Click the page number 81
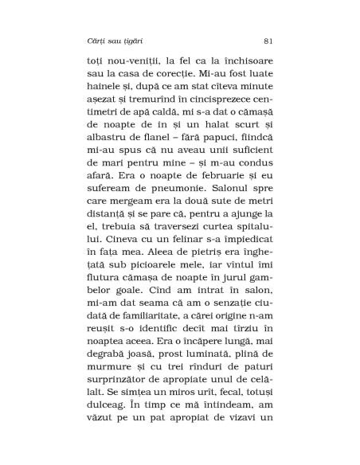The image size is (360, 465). click(x=268, y=39)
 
